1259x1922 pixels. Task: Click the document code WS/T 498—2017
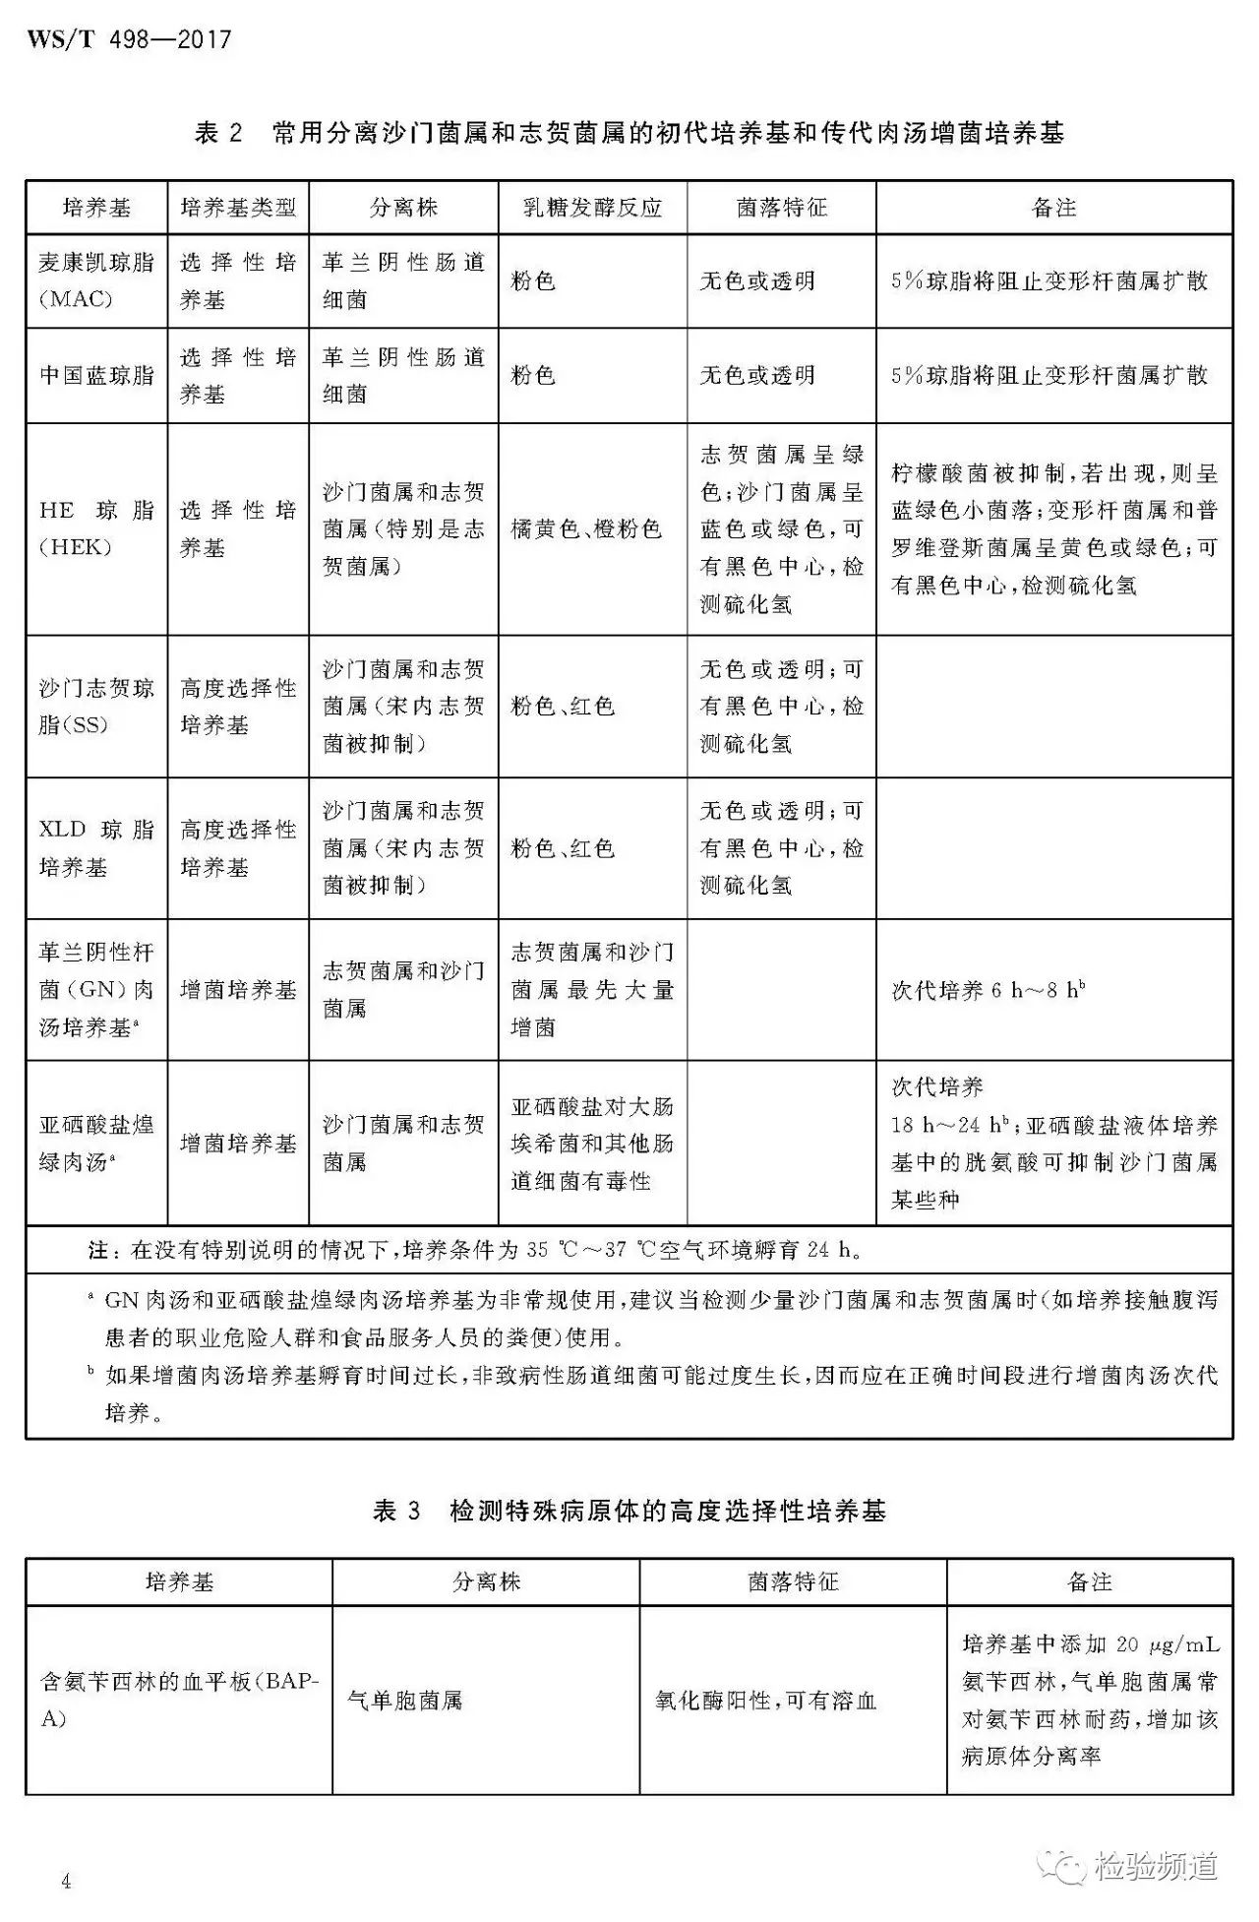(129, 40)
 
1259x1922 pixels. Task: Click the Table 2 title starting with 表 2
(629, 133)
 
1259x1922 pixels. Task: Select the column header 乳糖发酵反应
(592, 208)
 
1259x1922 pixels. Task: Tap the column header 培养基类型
(238, 208)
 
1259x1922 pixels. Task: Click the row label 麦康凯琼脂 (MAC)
(96, 280)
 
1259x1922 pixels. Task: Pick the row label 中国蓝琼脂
(96, 375)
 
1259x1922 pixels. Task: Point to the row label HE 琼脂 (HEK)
(96, 528)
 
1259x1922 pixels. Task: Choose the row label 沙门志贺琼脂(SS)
(96, 706)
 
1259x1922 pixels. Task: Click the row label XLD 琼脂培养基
(96, 847)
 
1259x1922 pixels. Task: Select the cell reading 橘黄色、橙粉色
(586, 529)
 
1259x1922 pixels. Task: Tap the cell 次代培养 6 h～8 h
(989, 990)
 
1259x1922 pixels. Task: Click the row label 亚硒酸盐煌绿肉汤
(96, 1143)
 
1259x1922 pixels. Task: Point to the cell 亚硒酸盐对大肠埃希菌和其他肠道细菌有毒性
(592, 1144)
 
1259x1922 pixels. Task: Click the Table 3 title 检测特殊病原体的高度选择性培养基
(629, 1511)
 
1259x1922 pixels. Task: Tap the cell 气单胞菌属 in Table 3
(405, 1700)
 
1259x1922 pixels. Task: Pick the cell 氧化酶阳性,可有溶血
(765, 1700)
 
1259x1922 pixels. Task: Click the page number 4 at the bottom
(66, 1882)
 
